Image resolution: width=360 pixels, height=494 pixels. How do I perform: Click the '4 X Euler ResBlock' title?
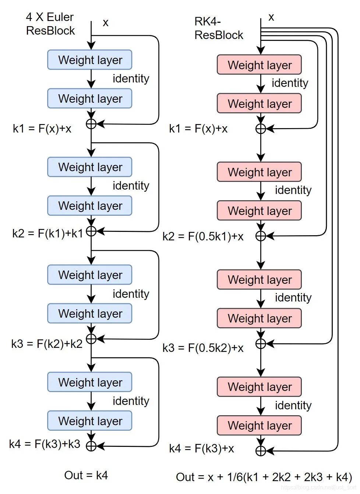pyautogui.click(x=50, y=24)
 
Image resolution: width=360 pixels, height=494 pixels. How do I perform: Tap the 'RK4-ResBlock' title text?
pyautogui.click(x=219, y=28)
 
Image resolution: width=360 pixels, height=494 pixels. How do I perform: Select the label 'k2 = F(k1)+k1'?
pyautogui.click(x=47, y=233)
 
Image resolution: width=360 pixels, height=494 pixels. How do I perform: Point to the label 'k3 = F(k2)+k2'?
pyautogui.click(x=47, y=344)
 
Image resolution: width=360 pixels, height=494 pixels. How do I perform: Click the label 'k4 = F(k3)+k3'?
pyautogui.click(x=45, y=444)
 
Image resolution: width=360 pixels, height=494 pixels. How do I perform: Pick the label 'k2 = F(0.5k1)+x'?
pyautogui.click(x=203, y=236)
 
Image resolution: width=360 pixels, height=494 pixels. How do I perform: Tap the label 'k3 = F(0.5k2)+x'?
pyautogui.click(x=203, y=348)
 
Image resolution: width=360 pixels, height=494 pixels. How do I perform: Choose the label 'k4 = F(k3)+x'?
pyautogui.click(x=201, y=448)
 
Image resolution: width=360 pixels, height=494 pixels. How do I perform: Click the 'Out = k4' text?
pyautogui.click(x=86, y=475)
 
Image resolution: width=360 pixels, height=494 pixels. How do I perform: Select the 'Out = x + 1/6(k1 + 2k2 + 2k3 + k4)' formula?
pyautogui.click(x=264, y=477)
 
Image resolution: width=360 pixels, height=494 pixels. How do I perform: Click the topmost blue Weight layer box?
pyautogui.click(x=90, y=60)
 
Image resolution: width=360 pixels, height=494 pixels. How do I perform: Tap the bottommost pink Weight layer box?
pyautogui.click(x=260, y=426)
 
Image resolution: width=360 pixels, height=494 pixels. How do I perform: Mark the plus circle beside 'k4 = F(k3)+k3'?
pyautogui.click(x=91, y=446)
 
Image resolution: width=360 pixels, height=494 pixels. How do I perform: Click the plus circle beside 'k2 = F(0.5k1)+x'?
pyautogui.click(x=261, y=236)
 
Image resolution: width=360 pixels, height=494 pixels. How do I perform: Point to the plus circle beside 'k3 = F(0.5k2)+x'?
pyautogui.click(x=261, y=344)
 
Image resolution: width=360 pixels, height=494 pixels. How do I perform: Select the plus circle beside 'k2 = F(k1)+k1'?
pyautogui.click(x=91, y=231)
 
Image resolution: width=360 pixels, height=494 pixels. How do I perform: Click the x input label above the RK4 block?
pyautogui.click(x=271, y=17)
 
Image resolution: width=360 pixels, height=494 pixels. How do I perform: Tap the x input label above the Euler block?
pyautogui.click(x=106, y=23)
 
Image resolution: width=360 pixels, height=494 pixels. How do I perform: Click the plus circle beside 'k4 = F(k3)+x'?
pyautogui.click(x=261, y=451)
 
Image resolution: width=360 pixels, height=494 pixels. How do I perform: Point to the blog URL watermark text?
pyautogui.click(x=318, y=487)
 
